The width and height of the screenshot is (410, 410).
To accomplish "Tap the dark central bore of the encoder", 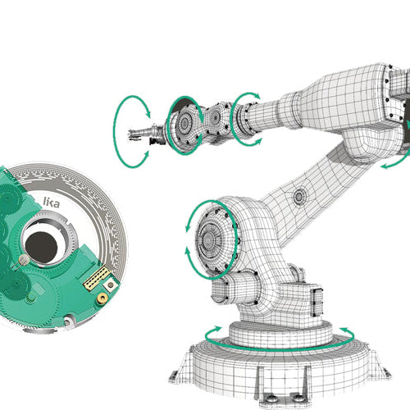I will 39,243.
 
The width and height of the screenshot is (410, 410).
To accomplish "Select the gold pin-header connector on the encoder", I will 97,276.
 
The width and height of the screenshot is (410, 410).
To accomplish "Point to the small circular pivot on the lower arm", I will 298,196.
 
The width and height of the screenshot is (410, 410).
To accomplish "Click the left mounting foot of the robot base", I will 175,376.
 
